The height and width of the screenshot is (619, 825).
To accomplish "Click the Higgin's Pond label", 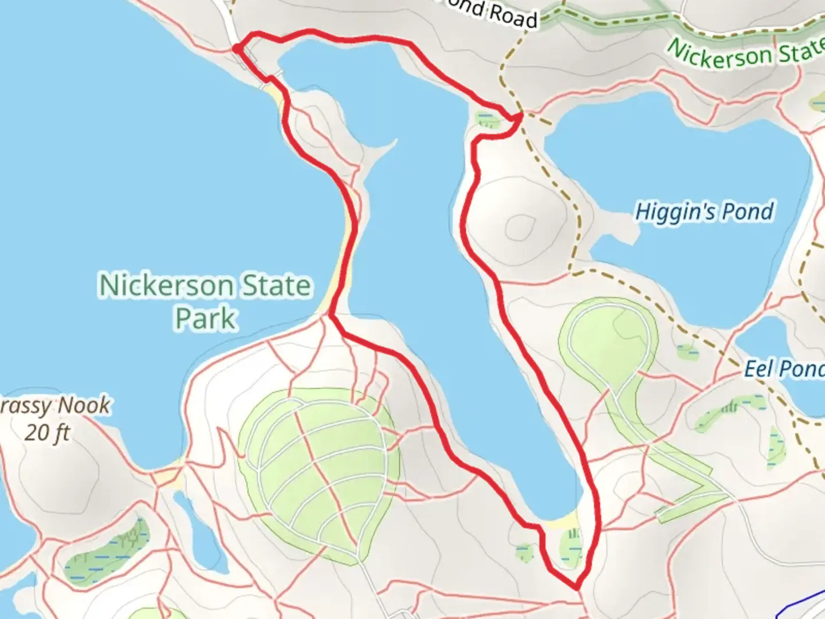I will [x=704, y=211].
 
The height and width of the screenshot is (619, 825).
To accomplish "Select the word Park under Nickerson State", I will [x=205, y=319].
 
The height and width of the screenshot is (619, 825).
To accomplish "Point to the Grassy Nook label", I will [x=54, y=406].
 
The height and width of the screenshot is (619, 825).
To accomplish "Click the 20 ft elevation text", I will [x=47, y=432].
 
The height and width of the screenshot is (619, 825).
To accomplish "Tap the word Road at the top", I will [x=513, y=15].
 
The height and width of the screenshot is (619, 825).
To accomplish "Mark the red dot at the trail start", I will [x=236, y=49].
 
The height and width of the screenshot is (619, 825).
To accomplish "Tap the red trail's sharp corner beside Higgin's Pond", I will [x=520, y=117].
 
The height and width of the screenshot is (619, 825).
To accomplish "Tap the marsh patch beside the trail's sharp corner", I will [x=487, y=119].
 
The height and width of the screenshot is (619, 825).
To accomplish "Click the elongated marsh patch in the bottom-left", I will [x=106, y=550].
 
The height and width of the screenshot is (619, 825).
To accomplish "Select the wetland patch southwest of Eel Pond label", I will [x=728, y=408].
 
